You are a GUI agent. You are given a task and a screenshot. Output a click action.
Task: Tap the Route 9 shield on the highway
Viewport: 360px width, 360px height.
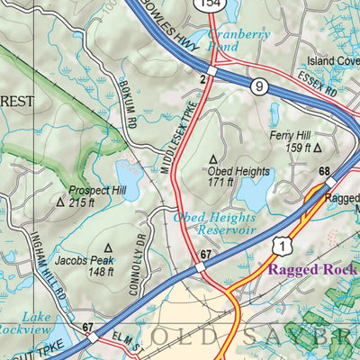[x=259, y=87]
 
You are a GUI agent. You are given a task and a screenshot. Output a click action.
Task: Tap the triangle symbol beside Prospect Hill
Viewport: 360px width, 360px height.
[x=61, y=203]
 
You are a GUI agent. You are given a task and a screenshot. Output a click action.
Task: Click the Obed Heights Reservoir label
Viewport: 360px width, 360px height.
[x=214, y=222]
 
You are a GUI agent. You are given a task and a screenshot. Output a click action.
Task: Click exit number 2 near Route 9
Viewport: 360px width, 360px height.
[x=204, y=80]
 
